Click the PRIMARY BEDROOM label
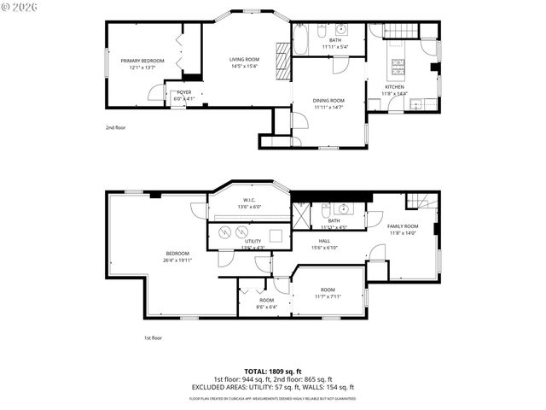coord(142,61)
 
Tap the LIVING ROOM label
coord(244,59)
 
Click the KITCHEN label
coord(394,86)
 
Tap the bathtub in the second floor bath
coord(302,39)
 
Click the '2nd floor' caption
coord(115,127)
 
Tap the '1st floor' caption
coord(153,337)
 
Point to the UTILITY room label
coord(253,241)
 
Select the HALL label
coord(324,241)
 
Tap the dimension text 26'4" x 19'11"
coord(177,260)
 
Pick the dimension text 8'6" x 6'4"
coord(267,306)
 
